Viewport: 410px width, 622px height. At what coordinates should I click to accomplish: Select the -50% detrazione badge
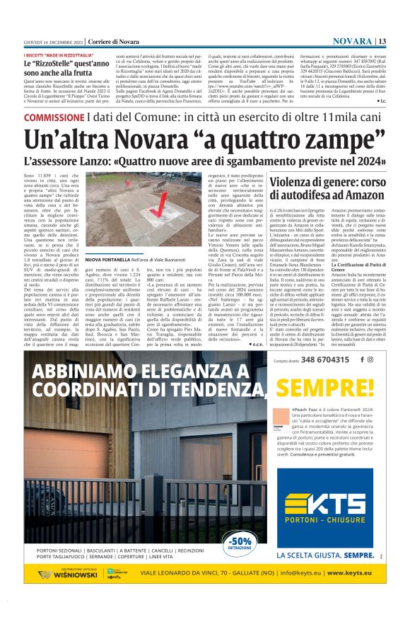click(x=239, y=544)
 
